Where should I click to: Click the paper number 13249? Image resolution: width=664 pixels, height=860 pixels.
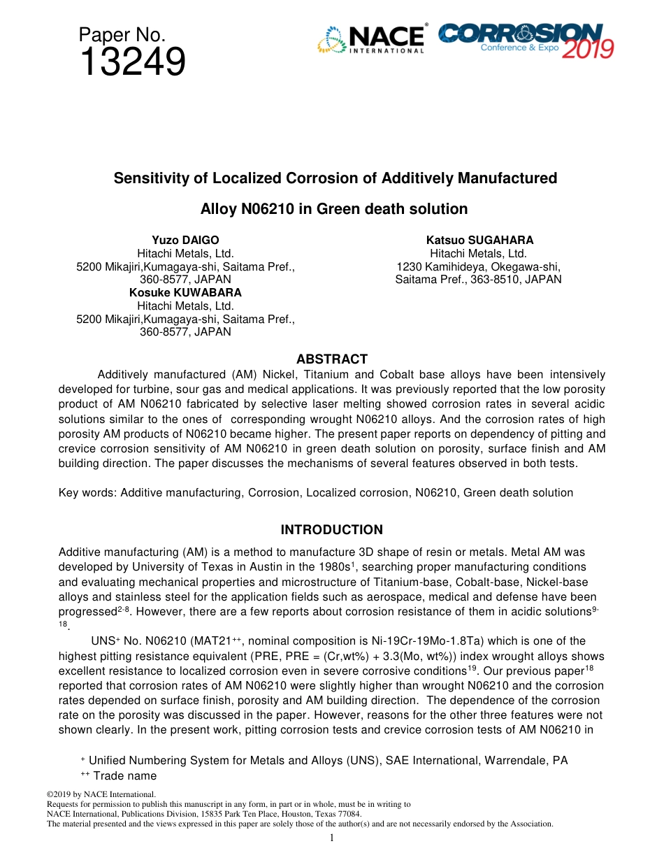click(132, 63)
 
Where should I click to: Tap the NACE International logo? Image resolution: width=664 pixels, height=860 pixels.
click(371, 40)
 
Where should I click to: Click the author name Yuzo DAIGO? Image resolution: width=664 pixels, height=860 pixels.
click(185, 241)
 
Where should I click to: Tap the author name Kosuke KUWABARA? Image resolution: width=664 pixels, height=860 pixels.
click(185, 293)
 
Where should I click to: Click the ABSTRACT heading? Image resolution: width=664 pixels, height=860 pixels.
click(332, 359)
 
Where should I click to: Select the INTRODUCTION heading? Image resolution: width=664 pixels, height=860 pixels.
click(332, 530)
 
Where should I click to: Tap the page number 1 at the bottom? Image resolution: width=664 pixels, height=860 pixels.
click(332, 838)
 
